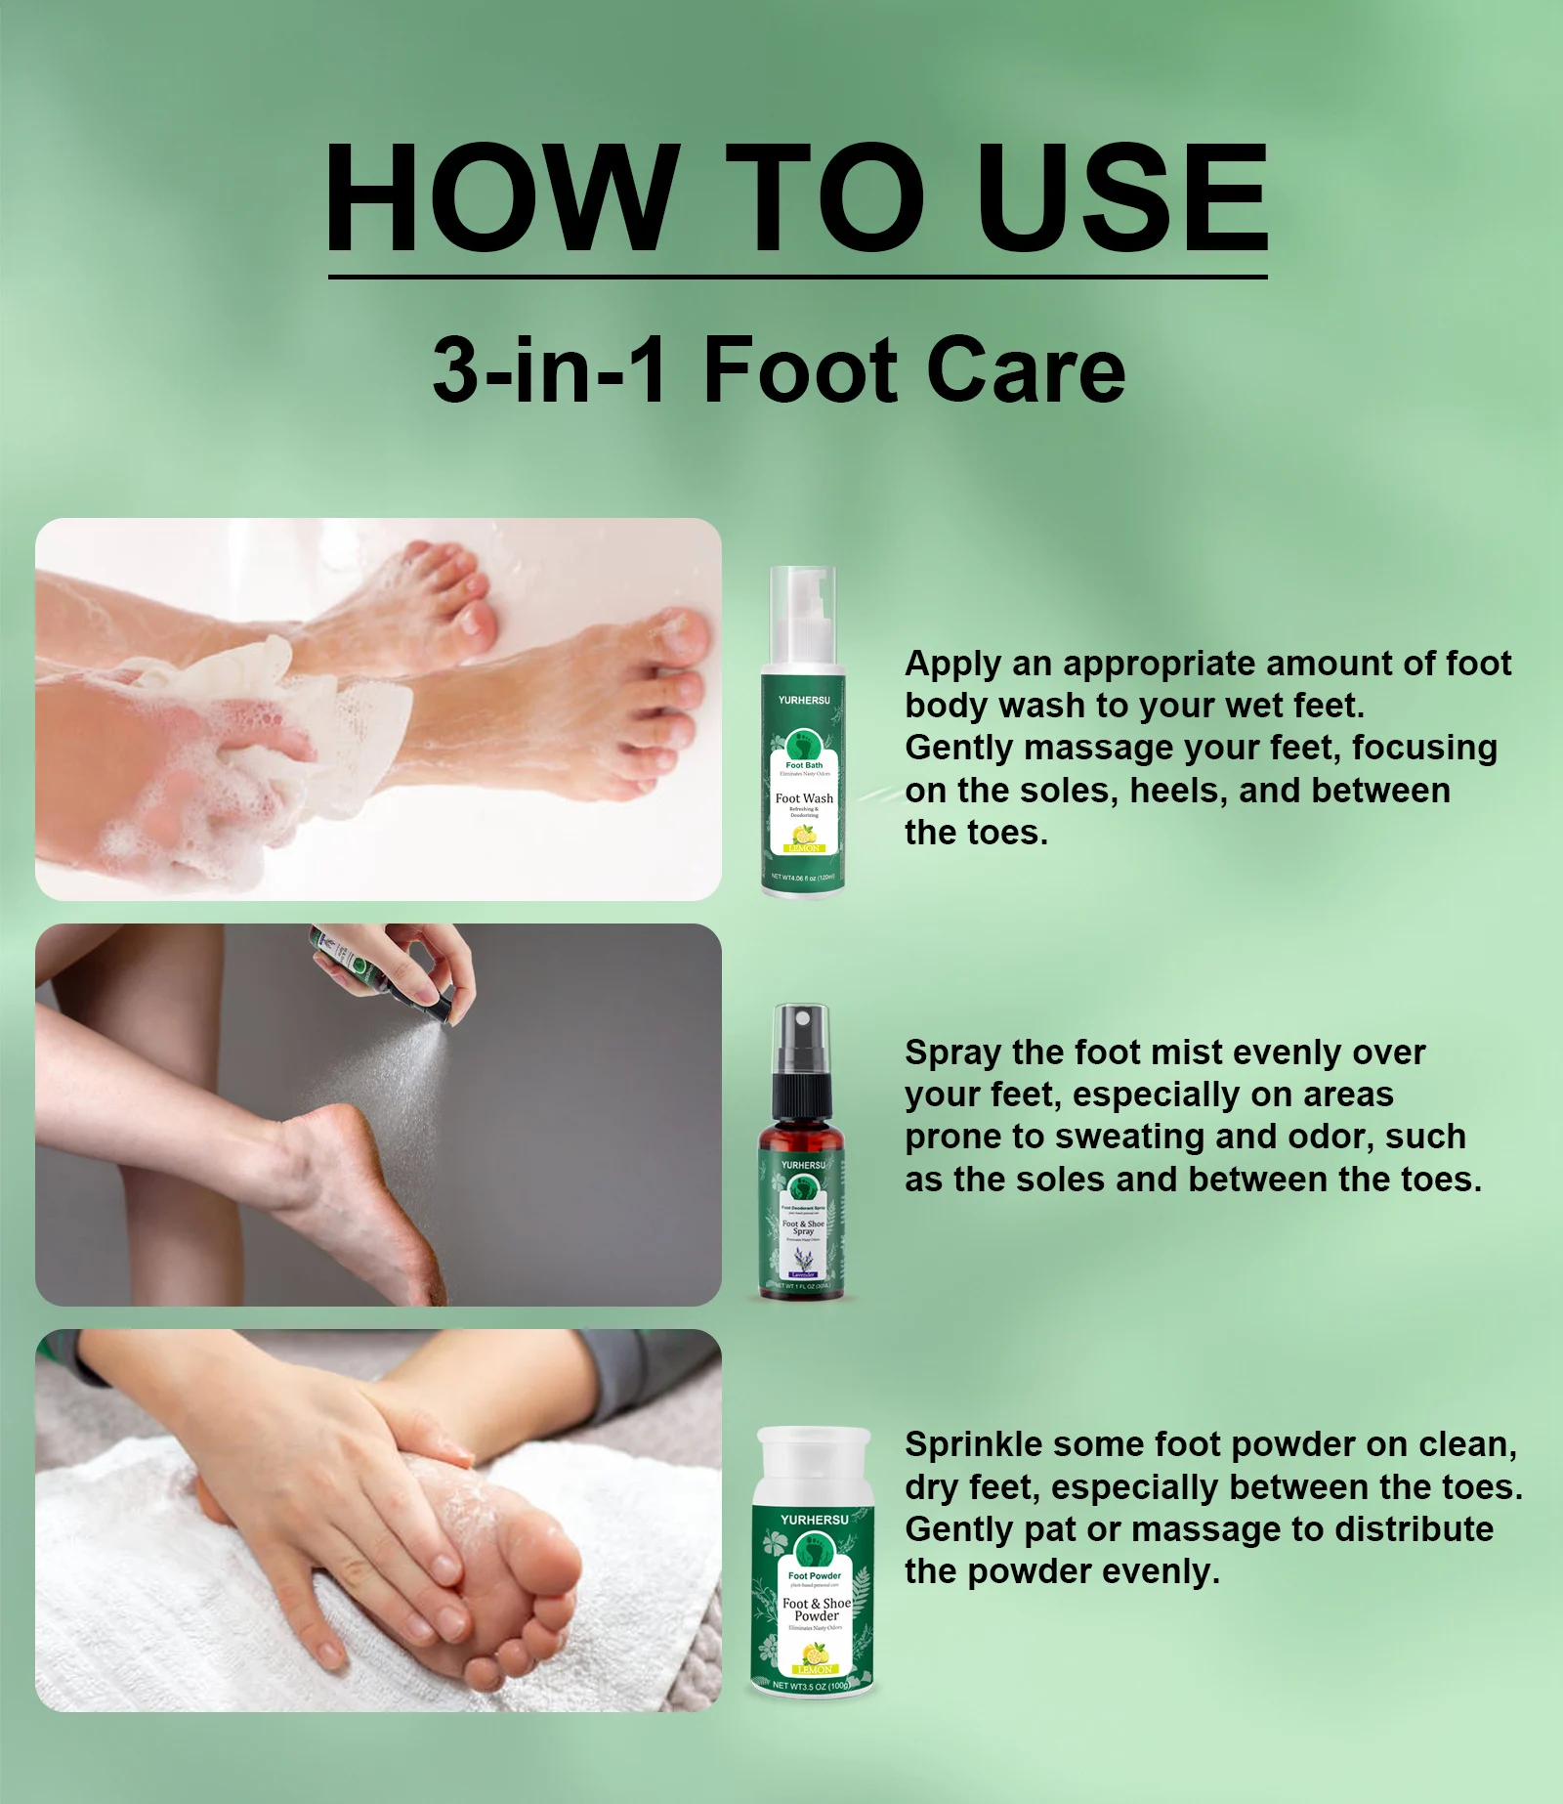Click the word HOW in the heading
(501, 199)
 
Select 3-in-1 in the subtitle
(549, 371)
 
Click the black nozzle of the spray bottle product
(801, 1046)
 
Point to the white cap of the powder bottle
(814, 1466)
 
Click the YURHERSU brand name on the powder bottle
(814, 1520)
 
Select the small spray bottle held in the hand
(352, 963)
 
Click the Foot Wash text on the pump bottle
(804, 798)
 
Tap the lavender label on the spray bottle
(803, 1274)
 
